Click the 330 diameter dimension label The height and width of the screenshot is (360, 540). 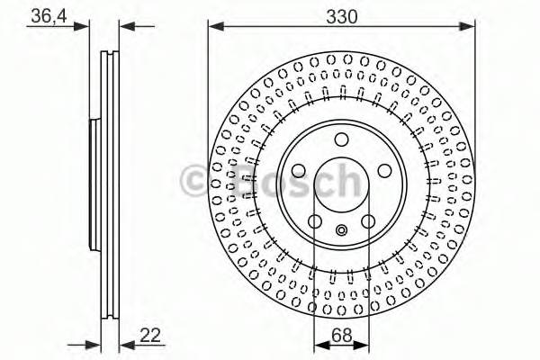[x=341, y=16]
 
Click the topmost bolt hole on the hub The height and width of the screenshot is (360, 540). [x=341, y=139]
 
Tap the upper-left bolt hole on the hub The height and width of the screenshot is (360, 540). [x=298, y=170]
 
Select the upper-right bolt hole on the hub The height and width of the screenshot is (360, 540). [x=384, y=170]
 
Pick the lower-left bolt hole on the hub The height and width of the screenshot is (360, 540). [x=315, y=222]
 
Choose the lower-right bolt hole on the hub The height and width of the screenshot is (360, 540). [x=368, y=222]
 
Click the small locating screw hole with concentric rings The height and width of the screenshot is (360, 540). [x=341, y=230]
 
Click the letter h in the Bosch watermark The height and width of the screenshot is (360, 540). [x=346, y=180]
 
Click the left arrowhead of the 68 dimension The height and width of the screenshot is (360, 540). [x=318, y=344]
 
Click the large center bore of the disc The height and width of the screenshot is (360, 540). [x=341, y=184]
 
